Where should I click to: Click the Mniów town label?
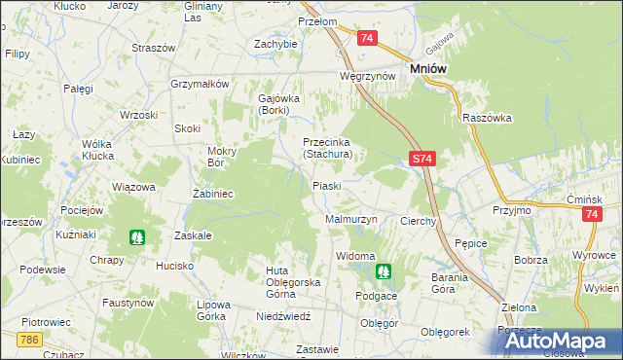pos(428,69)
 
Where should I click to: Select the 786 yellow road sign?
pos(29,339)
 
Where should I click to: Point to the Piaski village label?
pos(326,186)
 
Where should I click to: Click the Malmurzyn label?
pos(350,221)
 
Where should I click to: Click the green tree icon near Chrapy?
pos(136,236)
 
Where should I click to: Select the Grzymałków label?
pos(199,84)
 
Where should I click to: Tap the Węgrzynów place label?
pos(366,76)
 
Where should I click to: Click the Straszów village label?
pos(153,48)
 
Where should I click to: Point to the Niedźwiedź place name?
pos(283,316)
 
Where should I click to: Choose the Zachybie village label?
pos(275,44)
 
